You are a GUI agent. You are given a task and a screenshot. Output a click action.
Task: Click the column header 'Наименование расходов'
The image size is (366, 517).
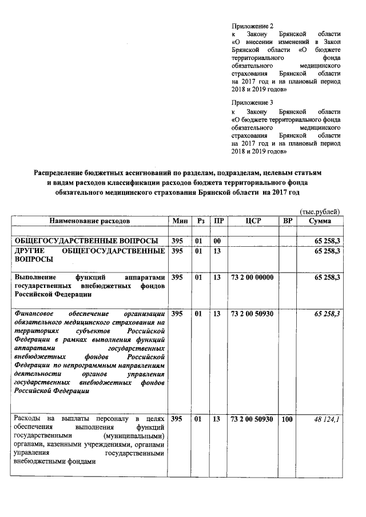pyautogui.click(x=90, y=221)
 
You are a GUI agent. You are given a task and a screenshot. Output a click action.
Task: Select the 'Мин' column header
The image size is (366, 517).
pyautogui.click(x=177, y=221)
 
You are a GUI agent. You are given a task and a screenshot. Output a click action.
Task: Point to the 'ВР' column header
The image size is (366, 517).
pyautogui.click(x=288, y=221)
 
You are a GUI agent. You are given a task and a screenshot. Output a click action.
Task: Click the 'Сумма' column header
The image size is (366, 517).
pyautogui.click(x=320, y=221)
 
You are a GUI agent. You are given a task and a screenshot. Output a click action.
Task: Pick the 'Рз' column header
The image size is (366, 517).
pyautogui.click(x=200, y=221)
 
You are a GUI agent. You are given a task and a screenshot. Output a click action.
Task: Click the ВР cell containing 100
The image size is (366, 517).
pyautogui.click(x=287, y=420)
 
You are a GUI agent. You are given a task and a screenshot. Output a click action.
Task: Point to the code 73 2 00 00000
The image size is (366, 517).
pyautogui.click(x=252, y=277)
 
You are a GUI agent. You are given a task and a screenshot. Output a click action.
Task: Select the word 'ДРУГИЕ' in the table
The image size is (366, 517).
pyautogui.click(x=29, y=251)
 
